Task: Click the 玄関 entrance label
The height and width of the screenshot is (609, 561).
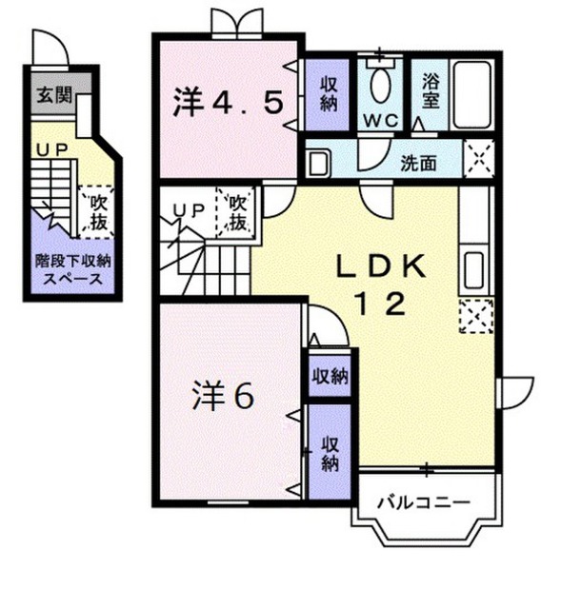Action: pos(54,94)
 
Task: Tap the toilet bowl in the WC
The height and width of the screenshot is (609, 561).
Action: pos(380,86)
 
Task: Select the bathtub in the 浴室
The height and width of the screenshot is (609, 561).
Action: pos(472,95)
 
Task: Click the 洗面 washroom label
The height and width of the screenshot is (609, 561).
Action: pos(419,163)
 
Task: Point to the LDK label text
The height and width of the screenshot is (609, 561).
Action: pos(381,266)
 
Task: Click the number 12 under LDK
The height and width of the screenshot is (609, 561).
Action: pos(381,304)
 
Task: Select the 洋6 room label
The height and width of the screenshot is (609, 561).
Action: pos(223,396)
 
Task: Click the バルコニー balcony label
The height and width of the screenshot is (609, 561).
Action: pos(424,502)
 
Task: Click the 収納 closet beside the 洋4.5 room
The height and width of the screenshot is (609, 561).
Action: pos(329,94)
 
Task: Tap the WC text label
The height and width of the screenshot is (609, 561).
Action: pos(381,121)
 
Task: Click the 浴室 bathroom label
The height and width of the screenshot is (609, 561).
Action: pos(431,91)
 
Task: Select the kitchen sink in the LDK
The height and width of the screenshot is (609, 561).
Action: pos(473,269)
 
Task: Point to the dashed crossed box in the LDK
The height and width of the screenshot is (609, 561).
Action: pos(476,316)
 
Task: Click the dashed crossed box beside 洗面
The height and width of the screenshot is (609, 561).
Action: pos(479,159)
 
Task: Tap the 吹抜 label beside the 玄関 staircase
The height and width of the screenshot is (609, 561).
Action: pos(99,212)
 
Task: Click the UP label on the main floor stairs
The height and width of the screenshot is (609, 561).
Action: pos(189,210)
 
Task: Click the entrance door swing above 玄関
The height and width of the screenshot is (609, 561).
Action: pos(50,47)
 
